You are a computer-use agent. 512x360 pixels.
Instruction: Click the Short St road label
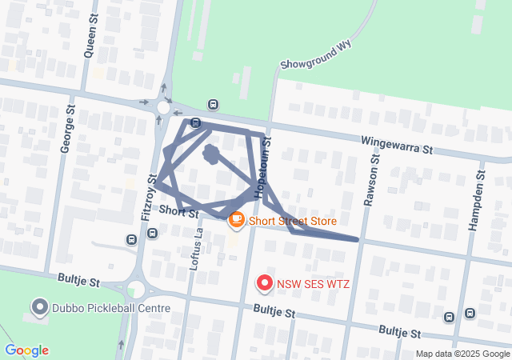point(178,211)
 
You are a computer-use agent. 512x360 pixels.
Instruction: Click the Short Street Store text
point(293,221)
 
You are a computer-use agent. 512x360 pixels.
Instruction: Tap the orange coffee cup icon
point(236,218)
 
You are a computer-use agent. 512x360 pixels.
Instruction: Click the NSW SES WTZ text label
point(314,283)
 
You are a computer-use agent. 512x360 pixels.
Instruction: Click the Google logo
point(26,350)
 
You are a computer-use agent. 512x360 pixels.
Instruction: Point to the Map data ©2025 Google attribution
point(463,354)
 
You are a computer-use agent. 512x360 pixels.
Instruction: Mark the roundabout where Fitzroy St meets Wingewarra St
point(164,108)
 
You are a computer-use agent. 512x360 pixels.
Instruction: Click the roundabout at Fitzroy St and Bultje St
point(136,289)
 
